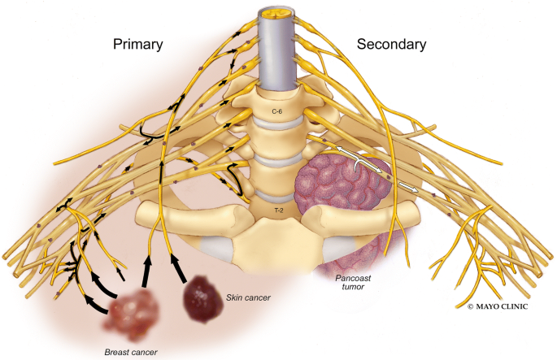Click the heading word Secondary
pos(389,45)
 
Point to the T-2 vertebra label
pos(277,209)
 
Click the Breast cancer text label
pos(130,351)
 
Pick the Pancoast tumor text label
pos(338,282)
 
